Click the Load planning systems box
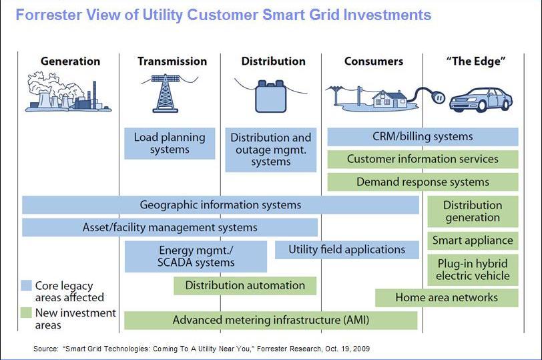pyautogui.click(x=170, y=144)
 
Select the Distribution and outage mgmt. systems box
pyautogui.click(x=270, y=150)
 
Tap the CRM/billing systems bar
pyautogui.click(x=423, y=137)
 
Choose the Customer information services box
pyautogui.click(x=423, y=160)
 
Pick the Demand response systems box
pyautogui.click(x=423, y=182)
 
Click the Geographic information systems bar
pyautogui.click(x=220, y=205)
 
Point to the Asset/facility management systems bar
pyautogui.click(x=170, y=227)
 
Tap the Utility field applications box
pyautogui.click(x=346, y=250)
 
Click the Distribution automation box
pyautogui.click(x=245, y=286)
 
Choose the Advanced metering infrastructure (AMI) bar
pyautogui.click(x=270, y=321)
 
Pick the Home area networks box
pyautogui.click(x=447, y=298)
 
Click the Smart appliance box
pyautogui.click(x=473, y=240)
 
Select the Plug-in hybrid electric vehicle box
pyautogui.click(x=473, y=269)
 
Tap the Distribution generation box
pyautogui.click(x=473, y=211)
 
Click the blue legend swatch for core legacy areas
pyautogui.click(x=26, y=285)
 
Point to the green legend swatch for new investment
pyautogui.click(x=26, y=313)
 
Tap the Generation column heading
pyautogui.click(x=70, y=61)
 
